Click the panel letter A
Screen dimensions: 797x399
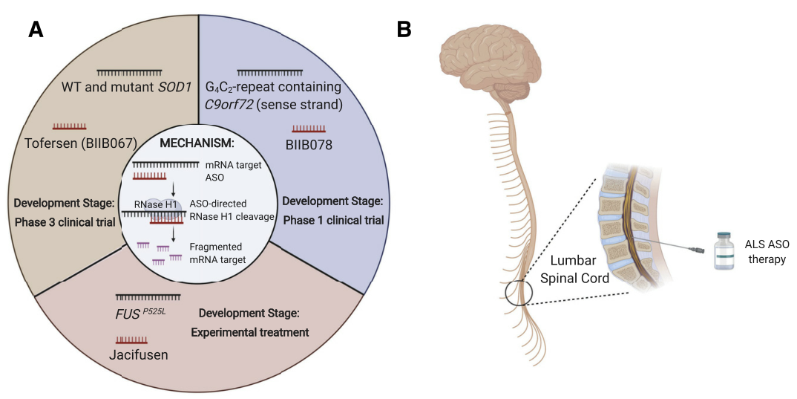36,30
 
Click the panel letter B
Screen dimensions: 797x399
404,30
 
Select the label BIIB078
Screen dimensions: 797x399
309,145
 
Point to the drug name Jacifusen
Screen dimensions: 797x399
139,354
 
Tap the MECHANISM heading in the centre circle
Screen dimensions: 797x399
197,143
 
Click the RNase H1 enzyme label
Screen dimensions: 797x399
153,205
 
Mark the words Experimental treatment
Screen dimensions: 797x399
249,332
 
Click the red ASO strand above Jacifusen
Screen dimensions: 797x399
131,339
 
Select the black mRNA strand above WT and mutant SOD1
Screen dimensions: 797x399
130,71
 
